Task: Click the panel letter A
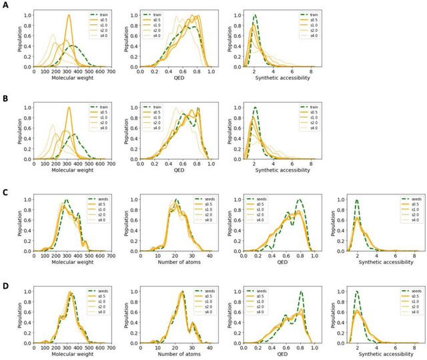point(5,6)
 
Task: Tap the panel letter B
point(5,98)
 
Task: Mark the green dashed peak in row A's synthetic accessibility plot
point(255,15)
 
